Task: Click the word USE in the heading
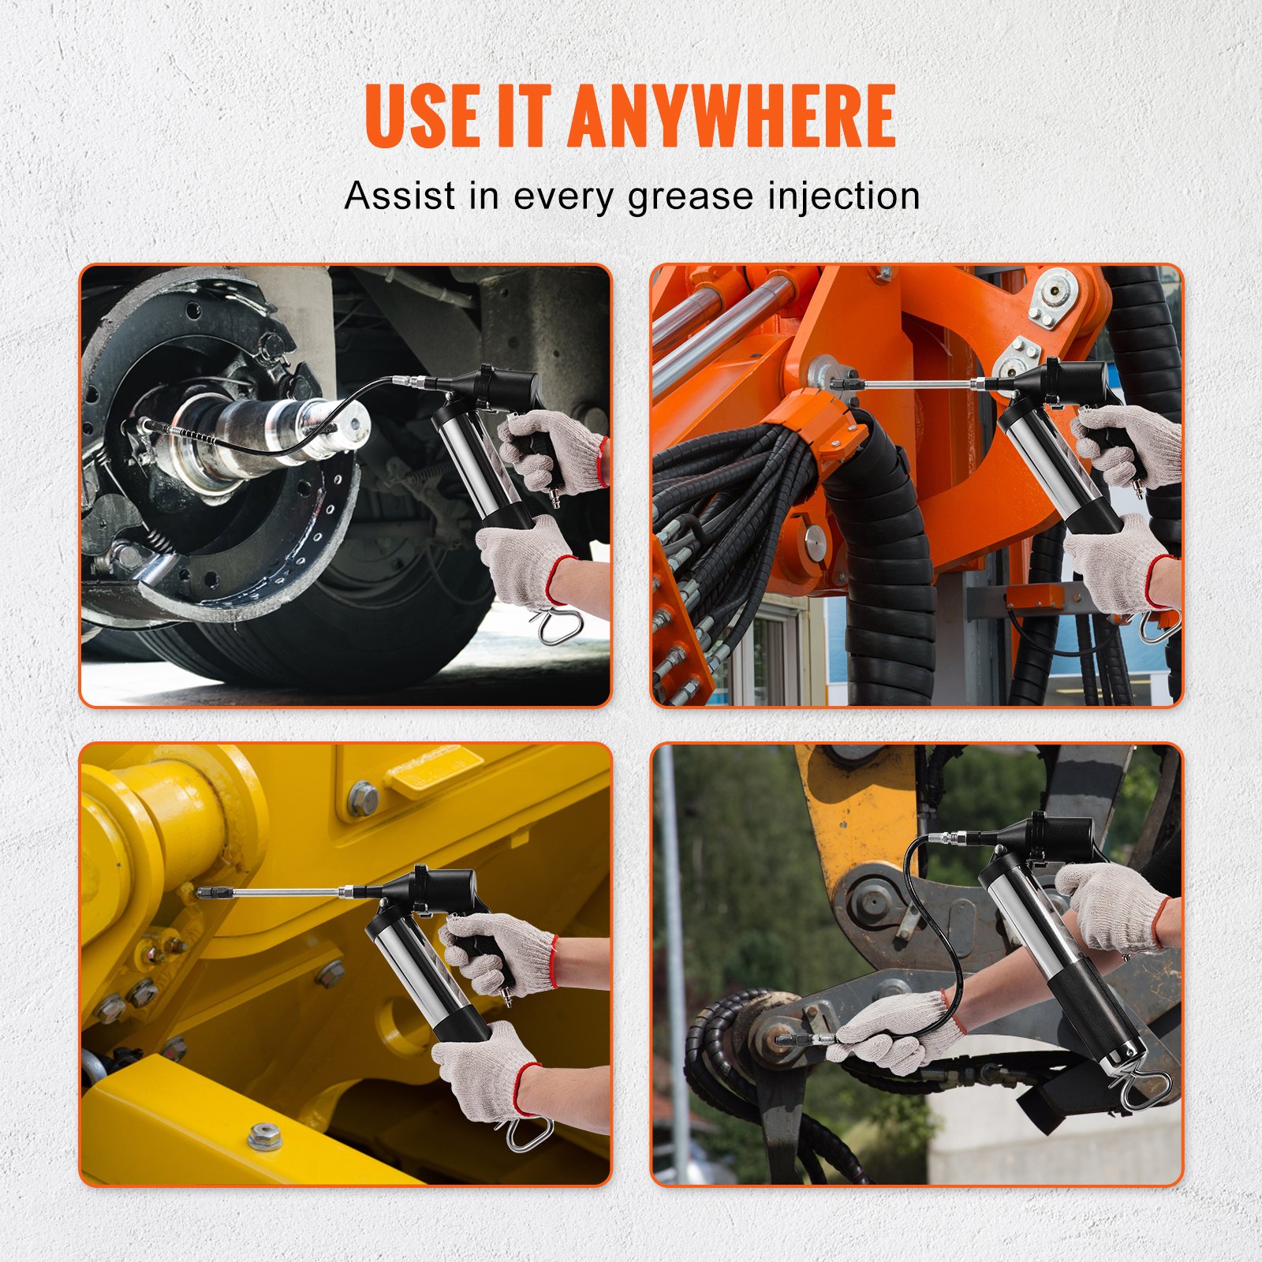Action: tap(422, 115)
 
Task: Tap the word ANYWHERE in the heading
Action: tap(731, 115)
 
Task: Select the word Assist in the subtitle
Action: tap(400, 196)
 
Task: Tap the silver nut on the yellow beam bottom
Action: tap(264, 1137)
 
